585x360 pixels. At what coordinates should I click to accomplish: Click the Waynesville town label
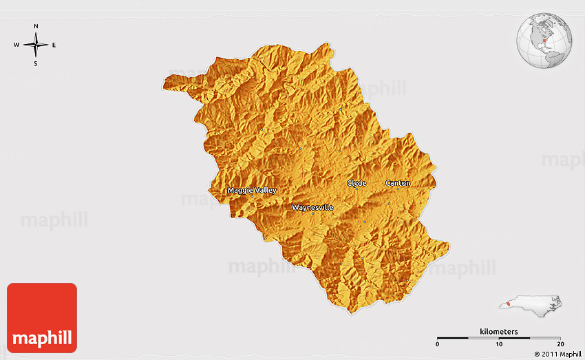312,207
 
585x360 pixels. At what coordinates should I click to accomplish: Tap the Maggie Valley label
252,190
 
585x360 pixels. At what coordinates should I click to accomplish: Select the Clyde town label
357,183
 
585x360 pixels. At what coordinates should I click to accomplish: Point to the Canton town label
398,183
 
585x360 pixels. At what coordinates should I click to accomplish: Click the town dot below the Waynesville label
313,213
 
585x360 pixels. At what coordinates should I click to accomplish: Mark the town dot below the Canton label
389,203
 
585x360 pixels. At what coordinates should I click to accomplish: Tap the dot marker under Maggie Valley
252,196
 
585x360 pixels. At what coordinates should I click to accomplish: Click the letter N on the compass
36,27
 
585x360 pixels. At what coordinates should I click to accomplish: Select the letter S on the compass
36,63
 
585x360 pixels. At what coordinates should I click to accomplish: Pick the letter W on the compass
17,45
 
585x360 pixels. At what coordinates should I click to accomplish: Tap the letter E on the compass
54,45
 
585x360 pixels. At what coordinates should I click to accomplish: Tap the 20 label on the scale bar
560,344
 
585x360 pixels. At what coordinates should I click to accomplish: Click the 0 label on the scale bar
438,344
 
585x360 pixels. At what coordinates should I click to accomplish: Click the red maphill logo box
41,317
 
